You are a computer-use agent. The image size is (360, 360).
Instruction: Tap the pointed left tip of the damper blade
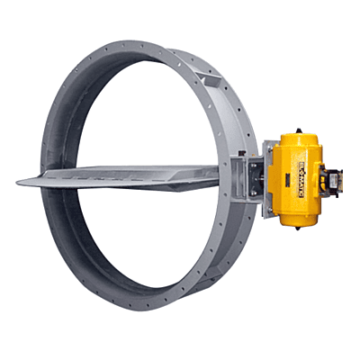click(x=20, y=183)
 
